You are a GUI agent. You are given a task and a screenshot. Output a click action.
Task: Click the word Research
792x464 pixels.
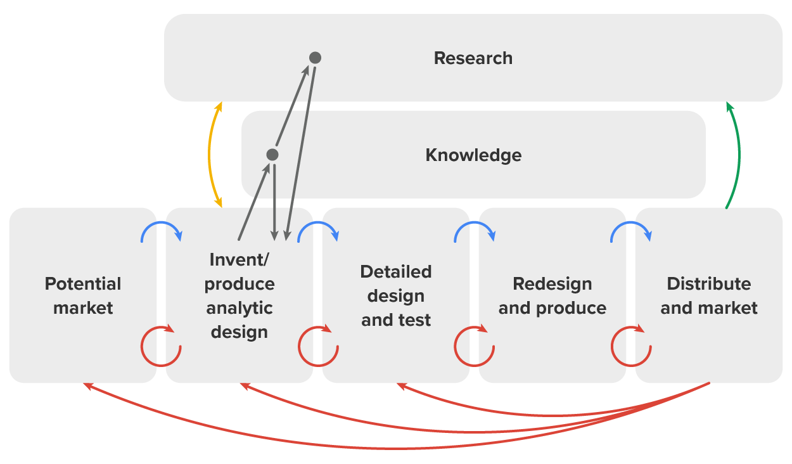pyautogui.click(x=473, y=58)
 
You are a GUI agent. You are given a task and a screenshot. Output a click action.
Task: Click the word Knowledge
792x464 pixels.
pyautogui.click(x=473, y=155)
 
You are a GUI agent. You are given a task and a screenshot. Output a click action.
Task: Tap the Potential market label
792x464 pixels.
pyautogui.click(x=83, y=296)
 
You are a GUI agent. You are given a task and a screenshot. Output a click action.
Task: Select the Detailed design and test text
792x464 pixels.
pyautogui.click(x=396, y=296)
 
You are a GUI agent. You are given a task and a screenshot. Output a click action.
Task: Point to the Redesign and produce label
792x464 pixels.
pyautogui.click(x=552, y=296)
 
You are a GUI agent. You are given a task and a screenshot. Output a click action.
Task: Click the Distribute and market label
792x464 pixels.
pyautogui.click(x=708, y=296)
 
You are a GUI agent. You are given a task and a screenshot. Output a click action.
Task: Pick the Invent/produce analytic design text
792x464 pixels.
pyautogui.click(x=240, y=296)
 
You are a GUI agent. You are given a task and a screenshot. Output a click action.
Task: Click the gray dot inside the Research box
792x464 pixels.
pyautogui.click(x=315, y=58)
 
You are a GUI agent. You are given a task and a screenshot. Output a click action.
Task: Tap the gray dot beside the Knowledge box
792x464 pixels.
pyautogui.click(x=272, y=155)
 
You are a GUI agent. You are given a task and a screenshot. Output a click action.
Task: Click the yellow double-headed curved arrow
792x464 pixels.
pyautogui.click(x=210, y=155)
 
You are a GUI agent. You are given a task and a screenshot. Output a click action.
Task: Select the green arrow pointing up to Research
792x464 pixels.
pyautogui.click(x=738, y=155)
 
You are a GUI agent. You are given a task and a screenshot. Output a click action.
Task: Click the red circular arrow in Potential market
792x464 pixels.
pyautogui.click(x=160, y=346)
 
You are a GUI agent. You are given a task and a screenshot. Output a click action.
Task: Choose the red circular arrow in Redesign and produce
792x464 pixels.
pyautogui.click(x=474, y=346)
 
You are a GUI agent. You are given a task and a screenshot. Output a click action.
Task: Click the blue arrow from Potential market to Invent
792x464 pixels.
pyautogui.click(x=161, y=229)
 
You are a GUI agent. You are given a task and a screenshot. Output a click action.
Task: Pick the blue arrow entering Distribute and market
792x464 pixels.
pyautogui.click(x=630, y=229)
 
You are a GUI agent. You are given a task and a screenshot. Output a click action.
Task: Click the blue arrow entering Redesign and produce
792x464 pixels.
pyautogui.click(x=474, y=229)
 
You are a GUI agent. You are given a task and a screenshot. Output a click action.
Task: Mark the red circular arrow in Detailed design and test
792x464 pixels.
pyautogui.click(x=317, y=346)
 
